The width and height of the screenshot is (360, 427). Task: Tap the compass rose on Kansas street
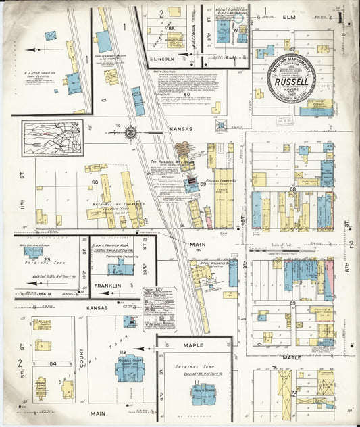(130, 133)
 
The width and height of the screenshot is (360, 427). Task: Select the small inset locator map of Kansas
(53, 138)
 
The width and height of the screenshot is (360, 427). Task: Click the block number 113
(123, 352)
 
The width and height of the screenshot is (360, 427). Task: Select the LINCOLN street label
(165, 59)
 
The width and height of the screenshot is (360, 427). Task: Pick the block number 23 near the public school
(47, 259)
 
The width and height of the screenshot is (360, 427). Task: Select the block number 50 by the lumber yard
(95, 182)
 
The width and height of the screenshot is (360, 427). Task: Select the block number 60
(178, 95)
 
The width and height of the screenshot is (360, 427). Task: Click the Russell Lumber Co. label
(221, 181)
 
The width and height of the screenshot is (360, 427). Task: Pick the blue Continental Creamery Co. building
(120, 269)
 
